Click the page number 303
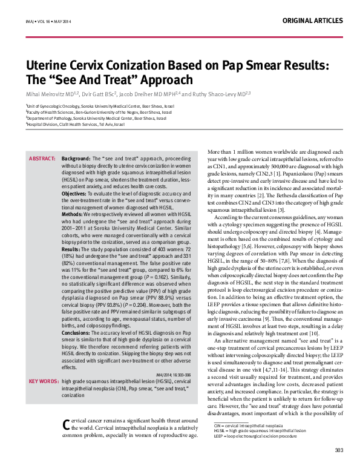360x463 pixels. click(x=339, y=450)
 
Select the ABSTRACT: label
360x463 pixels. click(x=42, y=159)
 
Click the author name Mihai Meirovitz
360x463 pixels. click(x=47, y=94)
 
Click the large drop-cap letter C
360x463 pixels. click(x=67, y=424)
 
